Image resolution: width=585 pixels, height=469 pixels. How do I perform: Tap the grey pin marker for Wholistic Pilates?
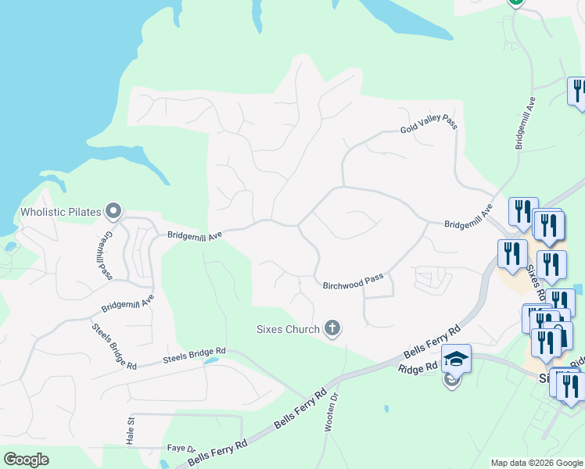113,210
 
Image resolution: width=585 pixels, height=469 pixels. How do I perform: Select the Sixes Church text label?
288,329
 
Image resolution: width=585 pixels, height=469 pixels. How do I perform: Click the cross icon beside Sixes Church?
332,328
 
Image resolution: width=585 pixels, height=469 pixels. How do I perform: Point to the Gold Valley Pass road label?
428,122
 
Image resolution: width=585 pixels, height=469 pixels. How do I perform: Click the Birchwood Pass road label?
354,282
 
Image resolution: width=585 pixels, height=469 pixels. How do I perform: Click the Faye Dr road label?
181,449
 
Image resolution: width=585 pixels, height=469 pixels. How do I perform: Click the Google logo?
26,460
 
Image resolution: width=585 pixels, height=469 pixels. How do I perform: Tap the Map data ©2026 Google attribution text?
537,463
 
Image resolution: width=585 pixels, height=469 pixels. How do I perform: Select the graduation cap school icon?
456,359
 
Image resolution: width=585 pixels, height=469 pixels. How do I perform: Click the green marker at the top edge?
515,2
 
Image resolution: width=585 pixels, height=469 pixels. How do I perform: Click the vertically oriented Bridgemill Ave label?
525,124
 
